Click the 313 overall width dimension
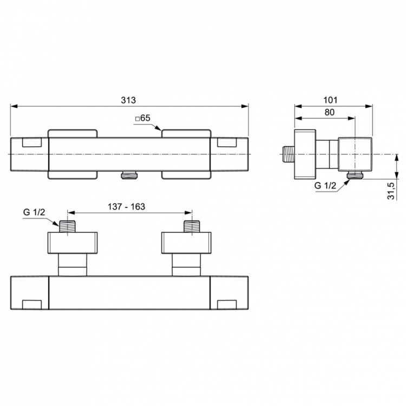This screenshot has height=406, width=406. [x=129, y=100]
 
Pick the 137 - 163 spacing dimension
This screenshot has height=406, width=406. [x=125, y=207]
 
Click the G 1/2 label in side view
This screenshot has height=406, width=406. [x=326, y=185]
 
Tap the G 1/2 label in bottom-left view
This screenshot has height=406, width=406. [x=34, y=212]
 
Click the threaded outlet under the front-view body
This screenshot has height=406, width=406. [x=129, y=175]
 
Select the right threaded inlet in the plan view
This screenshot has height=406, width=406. [x=192, y=226]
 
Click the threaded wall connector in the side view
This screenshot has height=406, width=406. [x=288, y=154]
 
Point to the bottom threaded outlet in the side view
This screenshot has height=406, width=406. [x=356, y=174]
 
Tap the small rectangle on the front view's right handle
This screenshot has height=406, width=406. [x=226, y=143]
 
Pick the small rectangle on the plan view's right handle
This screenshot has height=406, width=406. [x=226, y=303]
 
